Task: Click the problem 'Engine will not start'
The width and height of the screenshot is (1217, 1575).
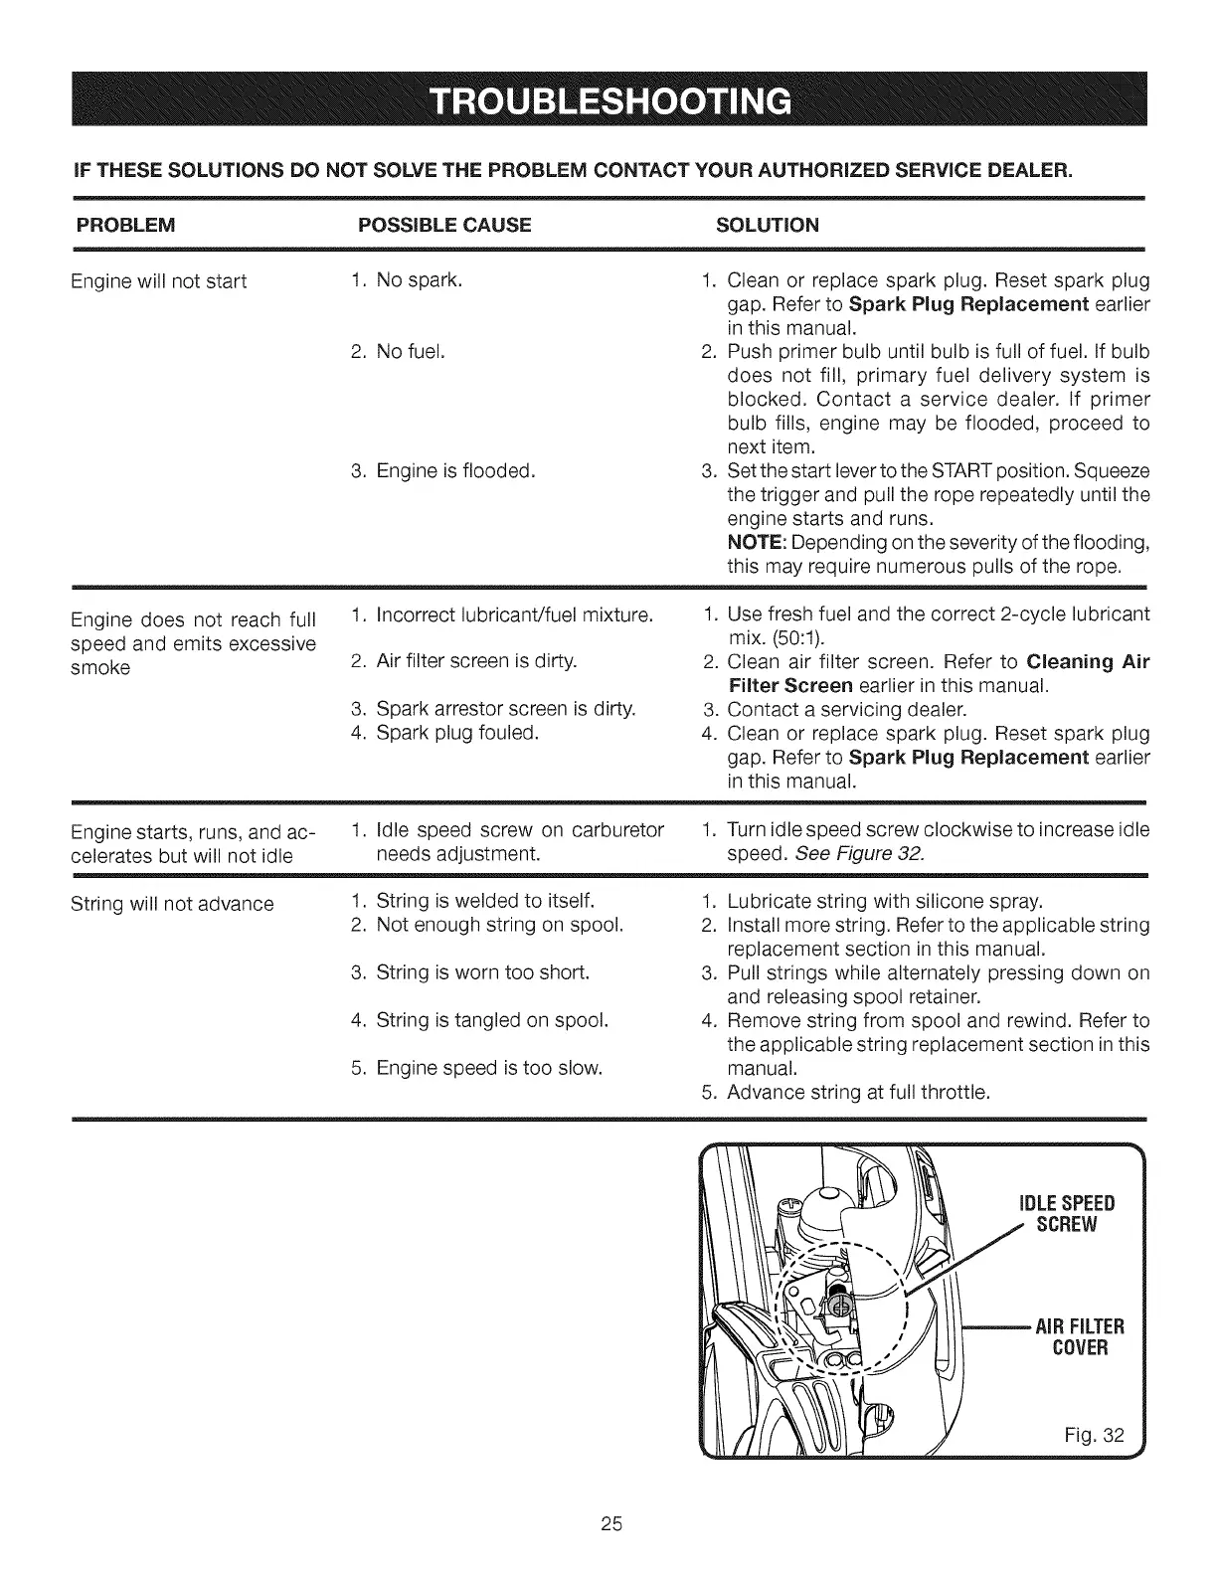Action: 159,281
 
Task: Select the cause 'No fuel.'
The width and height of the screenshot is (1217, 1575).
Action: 411,352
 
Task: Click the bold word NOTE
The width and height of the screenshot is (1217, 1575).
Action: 751,544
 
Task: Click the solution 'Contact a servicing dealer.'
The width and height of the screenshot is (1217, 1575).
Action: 846,710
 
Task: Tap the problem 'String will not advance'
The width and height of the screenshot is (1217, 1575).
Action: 173,905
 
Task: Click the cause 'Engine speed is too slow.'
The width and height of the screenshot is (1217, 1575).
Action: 490,1069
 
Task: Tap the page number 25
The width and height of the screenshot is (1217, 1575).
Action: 609,1524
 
